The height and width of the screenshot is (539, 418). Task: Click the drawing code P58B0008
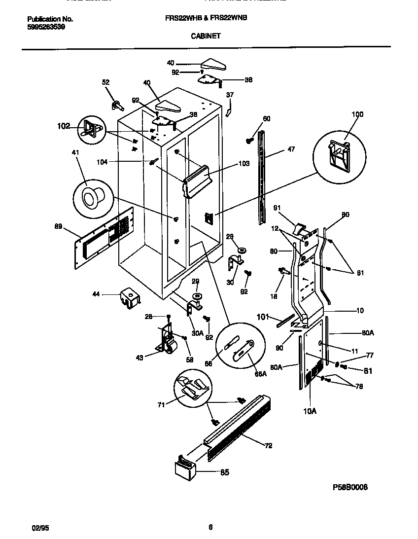pos(350,487)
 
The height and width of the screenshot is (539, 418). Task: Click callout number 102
pos(64,126)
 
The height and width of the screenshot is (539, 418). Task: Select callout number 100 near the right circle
pos(357,114)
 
